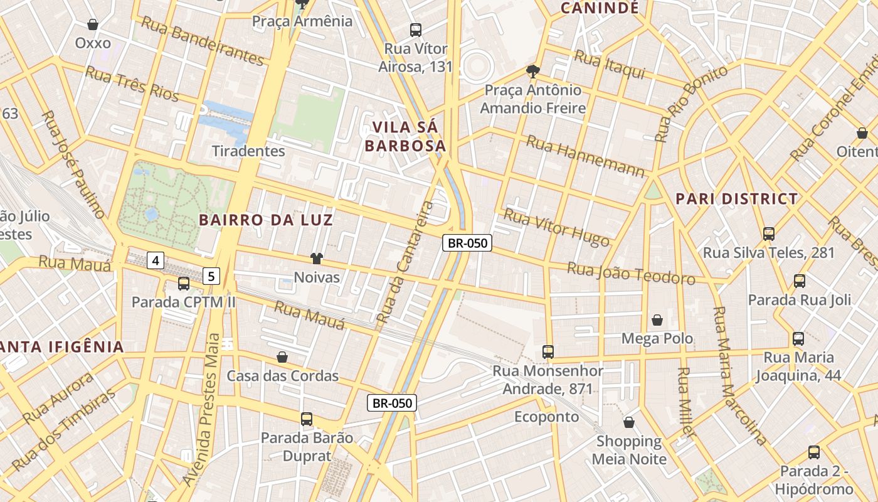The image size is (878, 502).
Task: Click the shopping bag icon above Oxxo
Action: (x=93, y=24)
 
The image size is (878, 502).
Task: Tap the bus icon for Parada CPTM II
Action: (x=183, y=284)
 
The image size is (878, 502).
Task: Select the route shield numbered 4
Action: (x=156, y=260)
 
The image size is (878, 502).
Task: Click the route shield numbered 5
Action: (x=212, y=275)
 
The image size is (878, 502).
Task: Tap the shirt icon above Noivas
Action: (x=316, y=259)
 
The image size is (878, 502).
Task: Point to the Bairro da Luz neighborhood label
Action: (x=266, y=220)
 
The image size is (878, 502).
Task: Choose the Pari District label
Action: (x=736, y=200)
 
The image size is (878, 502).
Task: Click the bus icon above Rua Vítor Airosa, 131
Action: (x=415, y=29)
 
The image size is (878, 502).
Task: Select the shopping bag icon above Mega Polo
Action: (x=657, y=321)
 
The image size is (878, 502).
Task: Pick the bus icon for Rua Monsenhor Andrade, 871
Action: (x=547, y=352)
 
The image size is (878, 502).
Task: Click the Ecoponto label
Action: (x=546, y=417)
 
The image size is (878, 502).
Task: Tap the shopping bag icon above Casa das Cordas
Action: (x=282, y=357)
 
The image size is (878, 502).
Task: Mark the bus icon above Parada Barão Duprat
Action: (x=306, y=419)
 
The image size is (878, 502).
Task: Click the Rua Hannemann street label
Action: (x=584, y=156)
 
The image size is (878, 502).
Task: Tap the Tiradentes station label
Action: (x=248, y=151)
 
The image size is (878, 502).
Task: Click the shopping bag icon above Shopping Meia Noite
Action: (x=628, y=422)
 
